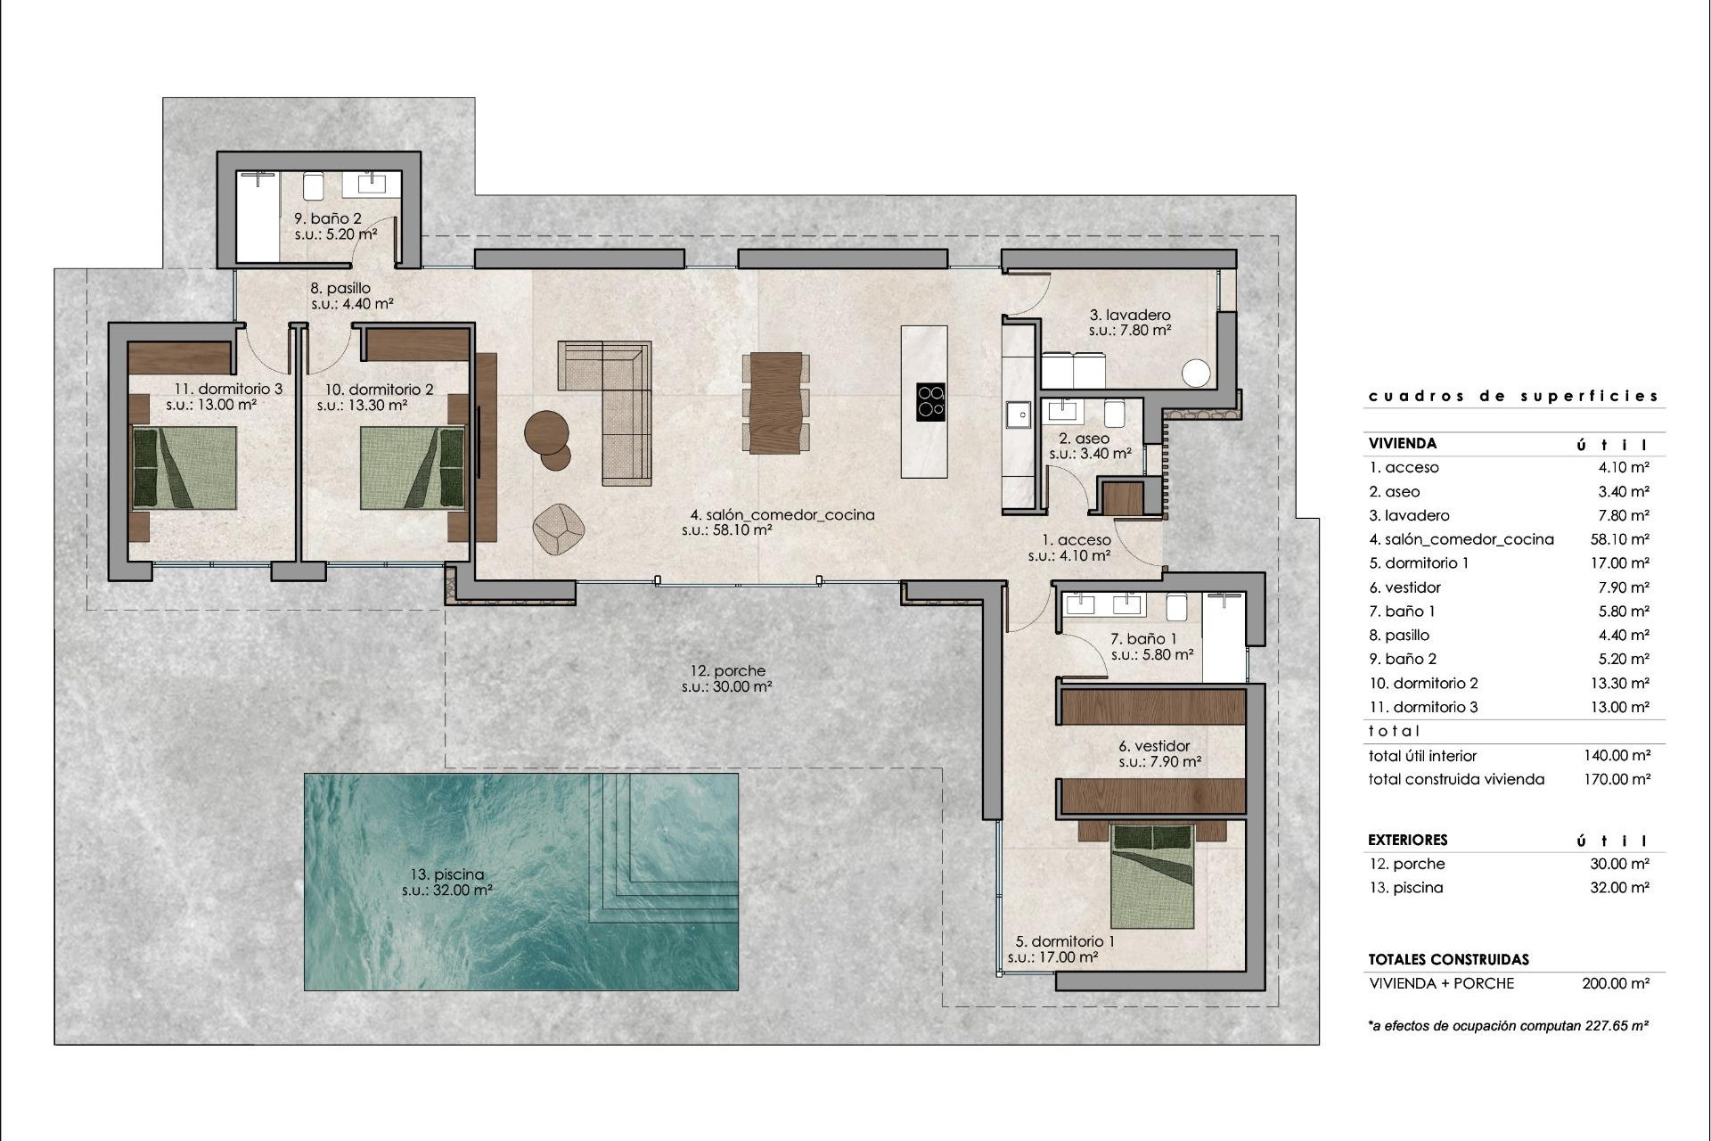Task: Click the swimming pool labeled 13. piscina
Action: pos(521,882)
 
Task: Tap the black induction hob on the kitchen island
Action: pos(930,402)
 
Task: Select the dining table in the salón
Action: pos(775,403)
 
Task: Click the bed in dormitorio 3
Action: pos(184,468)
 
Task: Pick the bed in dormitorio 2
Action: pos(413,468)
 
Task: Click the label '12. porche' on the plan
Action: pos(727,671)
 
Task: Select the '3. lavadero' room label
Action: pos(1130,315)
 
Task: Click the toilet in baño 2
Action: pos(313,185)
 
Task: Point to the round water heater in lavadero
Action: pos(1197,373)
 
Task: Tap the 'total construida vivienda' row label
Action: pos(1456,779)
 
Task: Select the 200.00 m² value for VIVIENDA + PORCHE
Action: pos(1616,983)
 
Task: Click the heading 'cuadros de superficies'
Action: pos(1513,396)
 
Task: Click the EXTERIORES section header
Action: pos(1407,840)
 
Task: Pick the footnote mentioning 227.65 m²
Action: pos(1508,1026)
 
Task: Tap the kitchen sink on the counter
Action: pos(1017,415)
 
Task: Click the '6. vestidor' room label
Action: pos(1154,746)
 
